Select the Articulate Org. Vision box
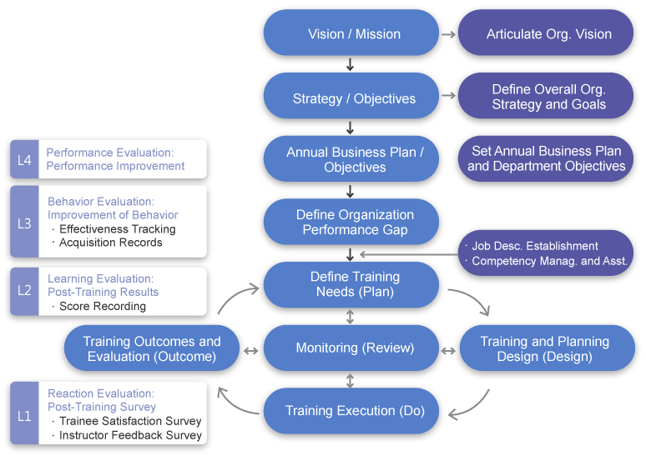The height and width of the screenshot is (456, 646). click(x=548, y=33)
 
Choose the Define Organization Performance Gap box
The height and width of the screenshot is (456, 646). click(x=351, y=222)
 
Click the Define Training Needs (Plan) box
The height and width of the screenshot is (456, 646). click(x=351, y=284)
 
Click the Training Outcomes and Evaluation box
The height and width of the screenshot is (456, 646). click(x=152, y=348)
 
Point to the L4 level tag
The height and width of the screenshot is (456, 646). click(x=24, y=159)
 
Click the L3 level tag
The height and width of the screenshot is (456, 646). click(x=24, y=223)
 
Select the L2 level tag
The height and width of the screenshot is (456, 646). click(x=24, y=291)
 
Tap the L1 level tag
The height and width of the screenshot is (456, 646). click(x=24, y=414)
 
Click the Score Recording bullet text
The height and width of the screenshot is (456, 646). click(x=102, y=306)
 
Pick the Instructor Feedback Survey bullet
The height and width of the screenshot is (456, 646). click(x=129, y=435)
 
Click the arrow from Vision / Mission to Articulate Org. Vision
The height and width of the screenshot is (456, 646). click(x=448, y=34)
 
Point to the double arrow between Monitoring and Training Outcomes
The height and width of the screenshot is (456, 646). click(x=250, y=348)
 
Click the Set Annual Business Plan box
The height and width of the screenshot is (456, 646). click(x=547, y=158)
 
